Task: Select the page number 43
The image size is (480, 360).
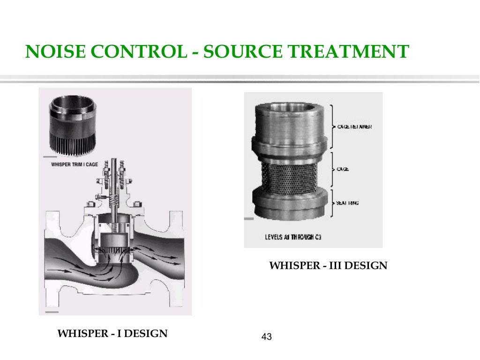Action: [267, 337]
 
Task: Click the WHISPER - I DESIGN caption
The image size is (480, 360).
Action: [112, 334]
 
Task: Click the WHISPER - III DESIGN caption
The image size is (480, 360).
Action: [328, 266]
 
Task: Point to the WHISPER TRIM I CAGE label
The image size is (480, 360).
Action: [77, 165]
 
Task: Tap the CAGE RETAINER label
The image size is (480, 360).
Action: [355, 127]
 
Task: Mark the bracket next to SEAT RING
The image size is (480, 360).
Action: [332, 202]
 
